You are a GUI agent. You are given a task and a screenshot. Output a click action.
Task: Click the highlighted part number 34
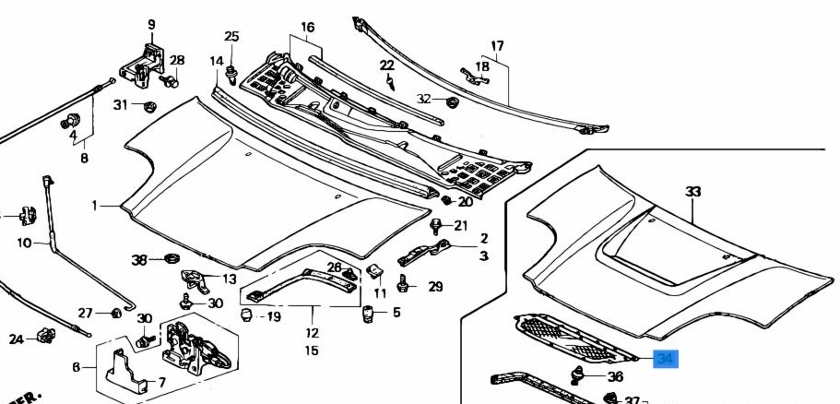(x=666, y=360)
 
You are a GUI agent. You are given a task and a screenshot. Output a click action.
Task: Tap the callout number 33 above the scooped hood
(x=692, y=192)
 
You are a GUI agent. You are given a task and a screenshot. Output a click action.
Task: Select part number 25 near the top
(x=231, y=37)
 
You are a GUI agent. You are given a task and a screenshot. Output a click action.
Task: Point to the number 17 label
(x=497, y=46)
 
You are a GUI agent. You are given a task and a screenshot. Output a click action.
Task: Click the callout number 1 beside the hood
(x=94, y=205)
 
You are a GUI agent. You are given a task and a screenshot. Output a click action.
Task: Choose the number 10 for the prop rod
(x=25, y=243)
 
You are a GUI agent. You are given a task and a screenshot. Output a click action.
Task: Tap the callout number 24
(x=17, y=339)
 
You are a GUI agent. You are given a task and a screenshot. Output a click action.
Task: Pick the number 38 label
(x=139, y=260)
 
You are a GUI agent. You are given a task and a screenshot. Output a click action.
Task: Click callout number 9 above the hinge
(x=151, y=24)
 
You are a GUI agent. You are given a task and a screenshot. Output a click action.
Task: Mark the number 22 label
(x=387, y=65)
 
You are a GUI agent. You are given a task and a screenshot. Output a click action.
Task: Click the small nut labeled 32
(x=452, y=100)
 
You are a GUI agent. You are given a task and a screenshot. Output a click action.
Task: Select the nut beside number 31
(x=148, y=105)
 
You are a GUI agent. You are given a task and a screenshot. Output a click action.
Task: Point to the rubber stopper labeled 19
(x=246, y=316)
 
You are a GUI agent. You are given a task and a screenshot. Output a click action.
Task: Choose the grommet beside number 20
(x=446, y=200)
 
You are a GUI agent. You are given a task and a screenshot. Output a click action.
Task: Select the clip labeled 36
(x=580, y=374)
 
